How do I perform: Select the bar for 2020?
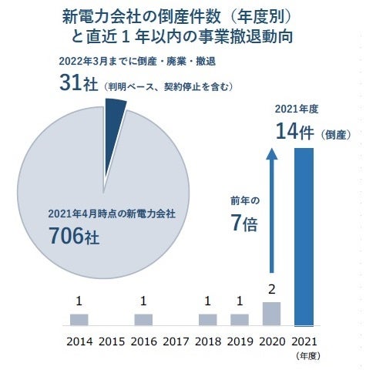[x=272, y=313]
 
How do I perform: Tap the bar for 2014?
[x=79, y=319]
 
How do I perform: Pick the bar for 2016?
[x=143, y=319]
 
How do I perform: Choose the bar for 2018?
[x=207, y=319]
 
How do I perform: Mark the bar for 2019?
[x=240, y=319]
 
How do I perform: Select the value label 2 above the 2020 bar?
[x=272, y=289]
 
